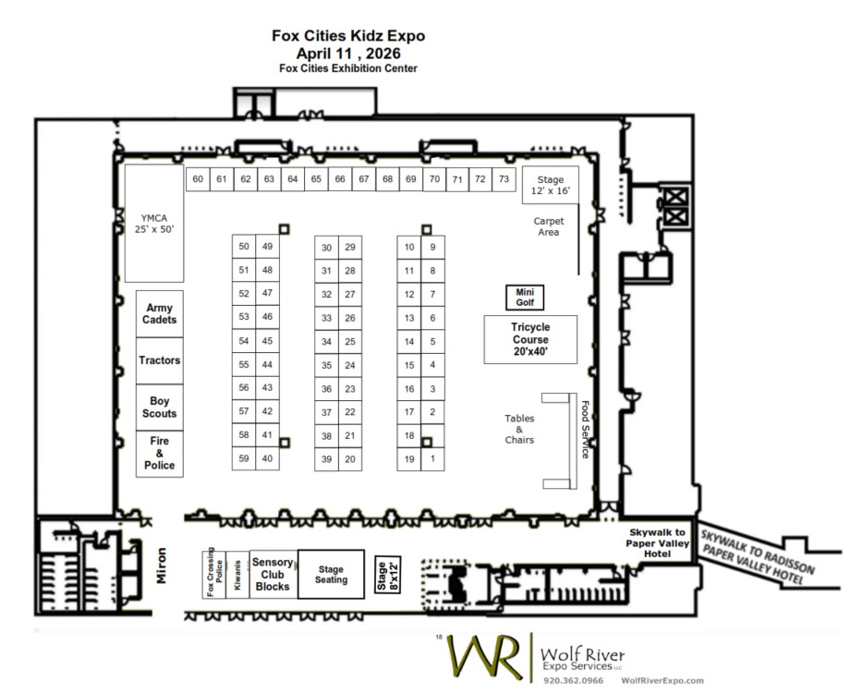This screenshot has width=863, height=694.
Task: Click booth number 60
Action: pyautogui.click(x=198, y=179)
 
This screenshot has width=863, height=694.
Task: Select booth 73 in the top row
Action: pyautogui.click(x=504, y=179)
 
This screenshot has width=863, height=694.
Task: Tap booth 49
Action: pyautogui.click(x=267, y=247)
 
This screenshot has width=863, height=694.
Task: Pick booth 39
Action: pyautogui.click(x=326, y=459)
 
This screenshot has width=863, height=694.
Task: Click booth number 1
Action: pyautogui.click(x=432, y=459)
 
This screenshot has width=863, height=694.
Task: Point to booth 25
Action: pyautogui.click(x=350, y=341)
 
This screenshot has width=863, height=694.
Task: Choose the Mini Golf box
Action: pyautogui.click(x=525, y=298)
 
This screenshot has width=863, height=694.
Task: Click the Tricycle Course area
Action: pyautogui.click(x=530, y=339)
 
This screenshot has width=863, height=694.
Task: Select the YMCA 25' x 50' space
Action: pyautogui.click(x=154, y=224)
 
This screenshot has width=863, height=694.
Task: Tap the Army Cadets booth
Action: pyautogui.click(x=160, y=313)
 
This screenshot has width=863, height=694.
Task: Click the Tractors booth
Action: pyautogui.click(x=160, y=360)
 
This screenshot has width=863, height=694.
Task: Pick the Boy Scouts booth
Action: pyautogui.click(x=160, y=408)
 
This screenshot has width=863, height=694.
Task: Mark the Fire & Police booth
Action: pyautogui.click(x=160, y=454)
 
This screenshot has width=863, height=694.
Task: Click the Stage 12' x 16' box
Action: pyautogui.click(x=551, y=185)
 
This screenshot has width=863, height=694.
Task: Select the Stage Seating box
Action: pyautogui.click(x=331, y=574)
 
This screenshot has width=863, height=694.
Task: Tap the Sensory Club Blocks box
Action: pyautogui.click(x=273, y=574)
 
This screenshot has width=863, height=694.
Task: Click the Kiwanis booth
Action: pyautogui.click(x=237, y=575)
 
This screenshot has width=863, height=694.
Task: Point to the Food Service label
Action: pyautogui.click(x=585, y=430)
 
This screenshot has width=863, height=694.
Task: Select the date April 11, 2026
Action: pyautogui.click(x=348, y=54)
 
